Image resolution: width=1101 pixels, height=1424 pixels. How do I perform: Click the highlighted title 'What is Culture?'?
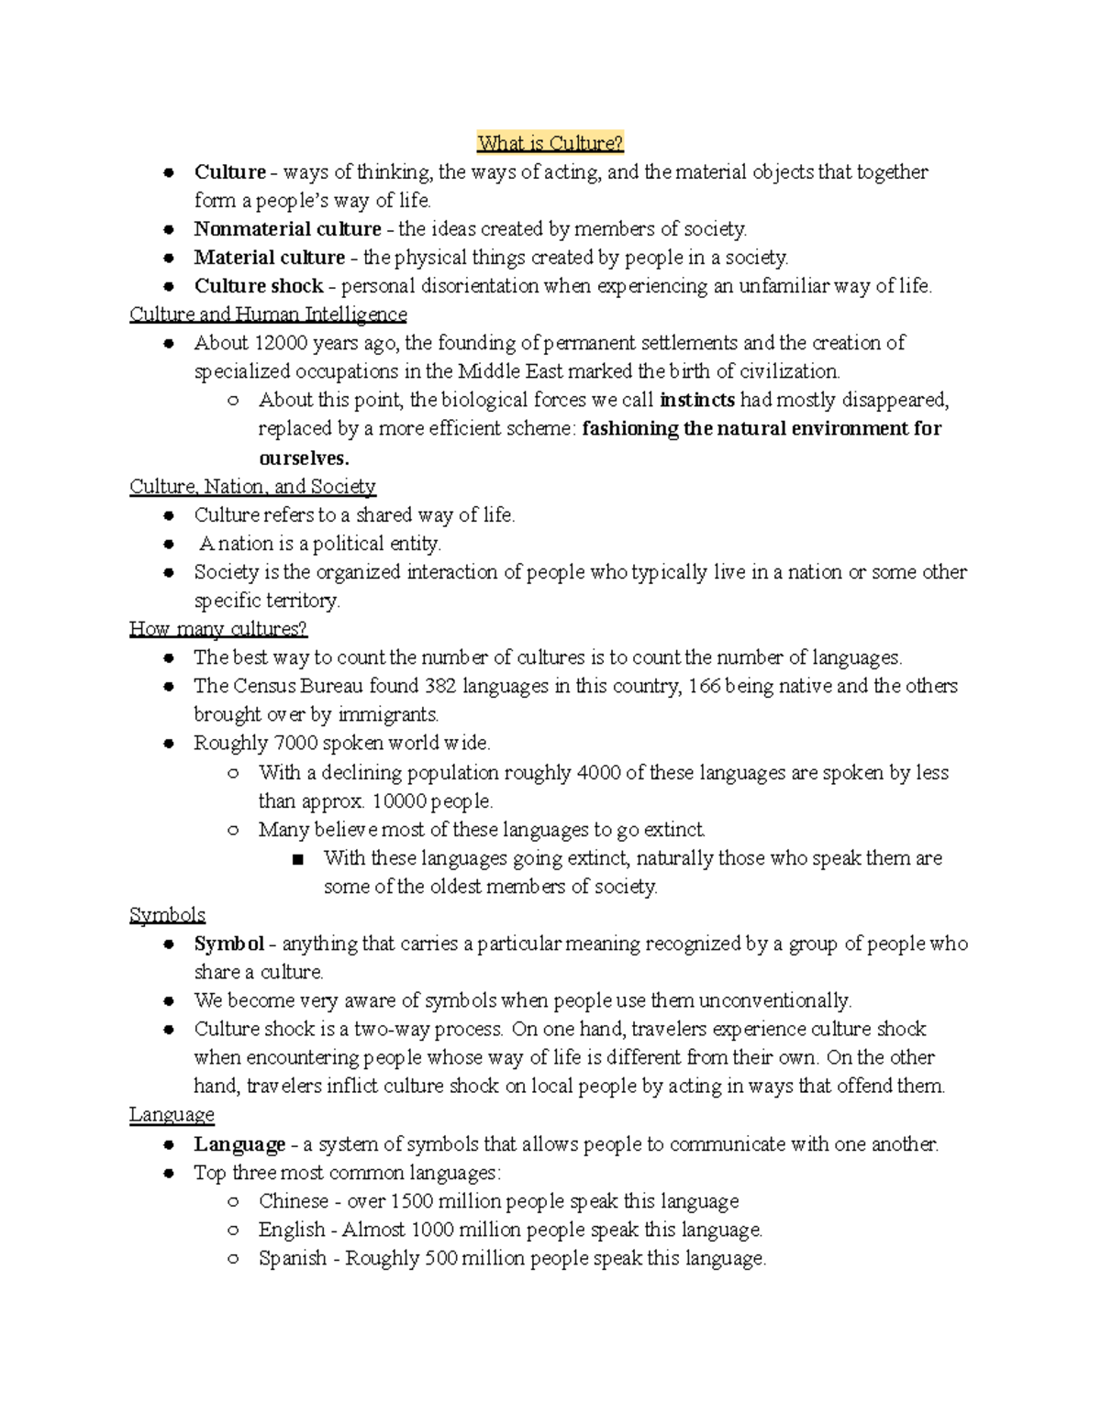(550, 143)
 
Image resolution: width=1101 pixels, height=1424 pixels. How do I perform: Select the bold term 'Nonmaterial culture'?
(287, 229)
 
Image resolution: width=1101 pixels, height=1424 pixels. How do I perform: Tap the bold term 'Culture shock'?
(258, 286)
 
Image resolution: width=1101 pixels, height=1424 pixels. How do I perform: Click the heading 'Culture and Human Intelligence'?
(268, 315)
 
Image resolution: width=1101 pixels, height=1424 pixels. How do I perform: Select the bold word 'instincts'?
(697, 400)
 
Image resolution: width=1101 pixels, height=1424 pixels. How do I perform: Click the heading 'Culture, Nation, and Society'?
(252, 486)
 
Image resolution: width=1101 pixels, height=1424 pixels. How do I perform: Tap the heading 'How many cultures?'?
(217, 629)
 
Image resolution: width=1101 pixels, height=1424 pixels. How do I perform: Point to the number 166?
(704, 686)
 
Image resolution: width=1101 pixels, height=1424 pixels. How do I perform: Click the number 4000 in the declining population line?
(598, 772)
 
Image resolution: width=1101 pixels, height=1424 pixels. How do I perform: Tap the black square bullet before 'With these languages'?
(296, 859)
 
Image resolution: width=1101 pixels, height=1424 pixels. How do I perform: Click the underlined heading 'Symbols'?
(167, 915)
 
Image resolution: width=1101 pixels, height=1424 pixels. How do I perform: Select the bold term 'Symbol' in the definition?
(228, 944)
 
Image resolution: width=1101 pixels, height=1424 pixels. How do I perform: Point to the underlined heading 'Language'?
(172, 1115)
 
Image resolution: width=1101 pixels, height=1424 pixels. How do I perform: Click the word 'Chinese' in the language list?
(293, 1201)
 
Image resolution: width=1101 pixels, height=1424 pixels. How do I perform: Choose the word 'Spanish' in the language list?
(292, 1258)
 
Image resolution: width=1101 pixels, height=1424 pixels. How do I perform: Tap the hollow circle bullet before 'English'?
(233, 1230)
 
